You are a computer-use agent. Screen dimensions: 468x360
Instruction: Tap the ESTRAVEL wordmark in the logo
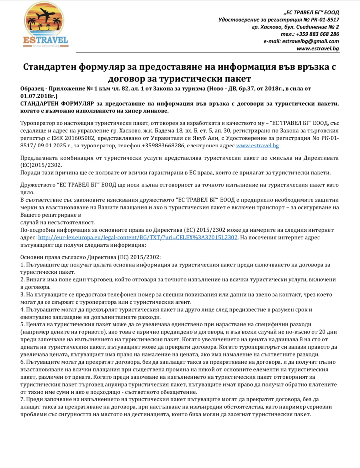coord(45,40)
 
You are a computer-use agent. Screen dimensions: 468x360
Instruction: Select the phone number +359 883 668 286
coord(317,34)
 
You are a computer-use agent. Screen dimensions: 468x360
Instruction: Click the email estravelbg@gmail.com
coord(310,41)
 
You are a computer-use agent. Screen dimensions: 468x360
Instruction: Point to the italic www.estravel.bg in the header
coord(318,49)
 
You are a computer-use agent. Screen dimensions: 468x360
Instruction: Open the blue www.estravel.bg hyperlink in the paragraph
coord(257,146)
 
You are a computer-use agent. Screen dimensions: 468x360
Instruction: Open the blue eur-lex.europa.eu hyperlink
coord(138,238)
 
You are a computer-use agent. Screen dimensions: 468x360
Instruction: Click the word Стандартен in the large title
coord(49,67)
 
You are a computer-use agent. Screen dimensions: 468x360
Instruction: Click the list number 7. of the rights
coord(23,399)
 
